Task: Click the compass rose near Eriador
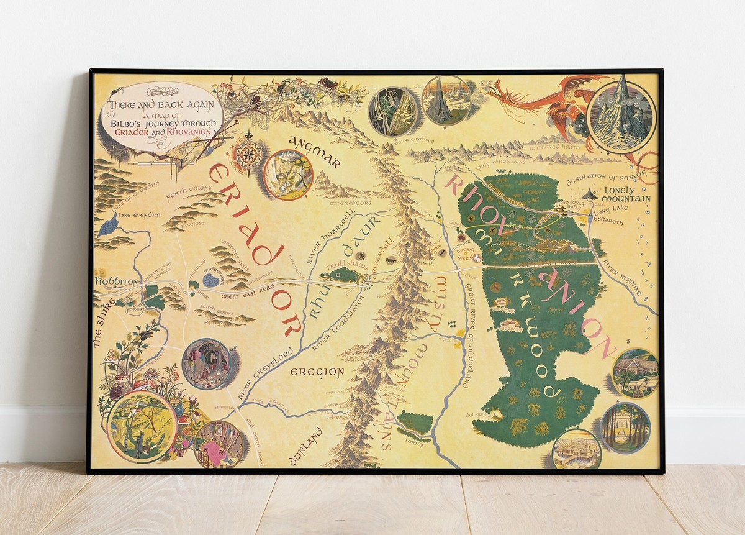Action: tap(247, 153)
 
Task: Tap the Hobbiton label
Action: tap(116, 281)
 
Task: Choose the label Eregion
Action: tap(317, 372)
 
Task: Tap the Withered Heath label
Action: tap(554, 147)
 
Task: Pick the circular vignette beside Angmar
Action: tap(287, 175)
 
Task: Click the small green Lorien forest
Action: tap(415, 423)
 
